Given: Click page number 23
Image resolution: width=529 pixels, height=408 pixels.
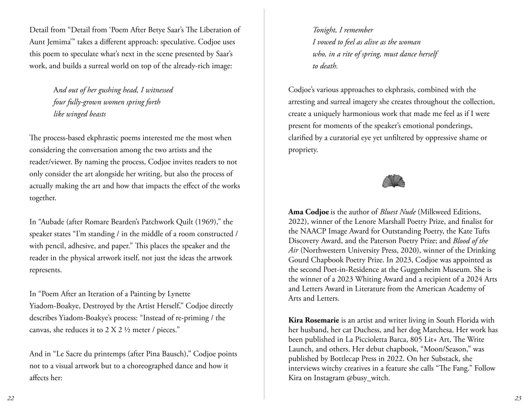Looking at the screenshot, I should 518,398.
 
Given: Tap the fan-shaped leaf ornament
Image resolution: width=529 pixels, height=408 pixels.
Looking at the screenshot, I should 393,181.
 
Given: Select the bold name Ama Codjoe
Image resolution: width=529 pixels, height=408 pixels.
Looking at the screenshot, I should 309,211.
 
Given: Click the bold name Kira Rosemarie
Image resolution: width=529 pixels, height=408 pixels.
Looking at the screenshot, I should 313,320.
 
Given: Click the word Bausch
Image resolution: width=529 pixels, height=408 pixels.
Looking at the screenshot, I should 177,354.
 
